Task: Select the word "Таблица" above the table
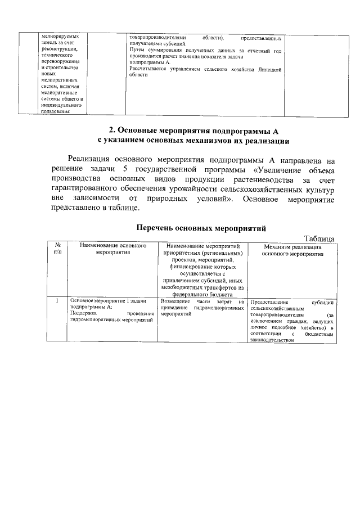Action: [319, 238]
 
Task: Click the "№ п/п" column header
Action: [57, 249]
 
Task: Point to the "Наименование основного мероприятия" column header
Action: [113, 249]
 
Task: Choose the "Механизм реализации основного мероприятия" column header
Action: [292, 250]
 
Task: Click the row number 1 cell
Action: [57, 301]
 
